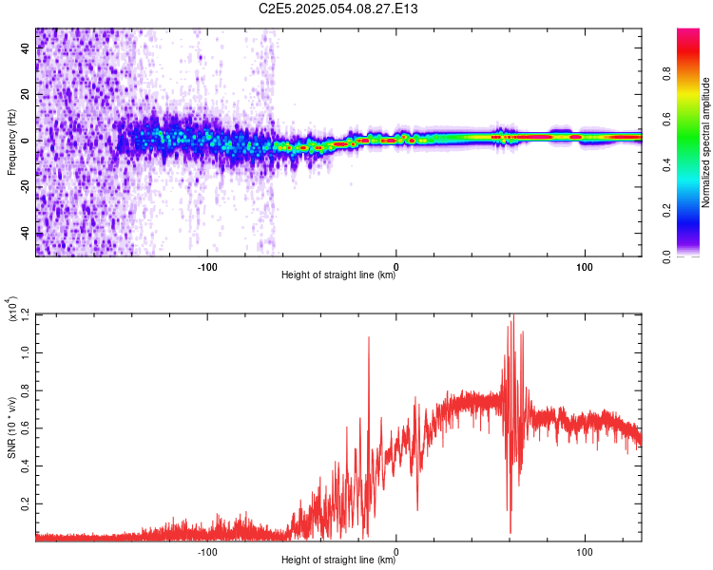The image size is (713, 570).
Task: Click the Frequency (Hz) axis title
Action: [11, 142]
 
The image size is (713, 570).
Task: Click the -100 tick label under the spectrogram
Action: [207, 265]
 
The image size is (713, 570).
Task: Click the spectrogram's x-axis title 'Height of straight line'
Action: [338, 275]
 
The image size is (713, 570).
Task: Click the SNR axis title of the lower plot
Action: [11, 427]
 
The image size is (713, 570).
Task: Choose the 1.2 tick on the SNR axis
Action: [27, 313]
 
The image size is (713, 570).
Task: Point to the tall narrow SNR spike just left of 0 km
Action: [368, 337]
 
